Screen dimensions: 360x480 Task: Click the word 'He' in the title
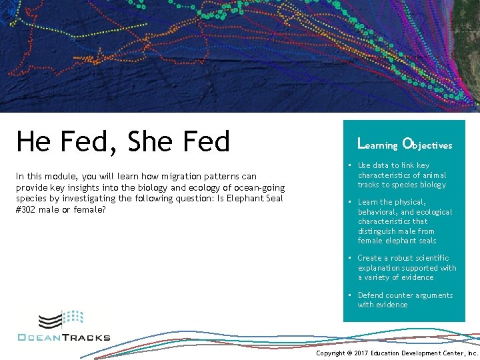click(x=34, y=141)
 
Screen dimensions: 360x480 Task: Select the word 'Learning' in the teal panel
click(x=378, y=144)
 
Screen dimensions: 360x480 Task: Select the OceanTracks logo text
click(x=64, y=337)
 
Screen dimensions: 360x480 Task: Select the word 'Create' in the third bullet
click(x=370, y=258)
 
